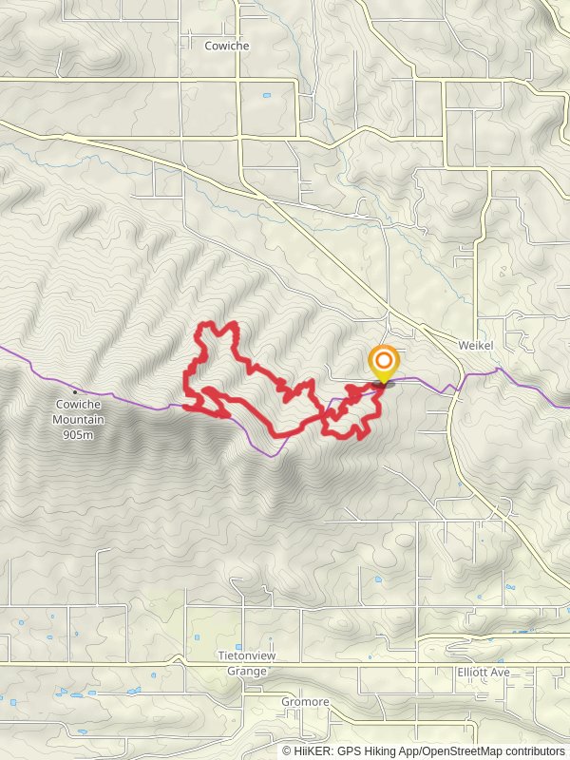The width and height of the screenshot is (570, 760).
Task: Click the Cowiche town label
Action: (x=226, y=45)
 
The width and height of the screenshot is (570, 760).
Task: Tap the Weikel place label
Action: (x=475, y=346)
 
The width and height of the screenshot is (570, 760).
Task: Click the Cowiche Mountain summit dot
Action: (x=75, y=391)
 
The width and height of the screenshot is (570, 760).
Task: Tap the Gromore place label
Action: (x=305, y=702)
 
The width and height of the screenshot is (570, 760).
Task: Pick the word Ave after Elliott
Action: (x=500, y=673)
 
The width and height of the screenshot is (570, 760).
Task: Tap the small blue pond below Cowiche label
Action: (x=266, y=95)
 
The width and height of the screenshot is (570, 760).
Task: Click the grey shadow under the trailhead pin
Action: (x=386, y=385)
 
